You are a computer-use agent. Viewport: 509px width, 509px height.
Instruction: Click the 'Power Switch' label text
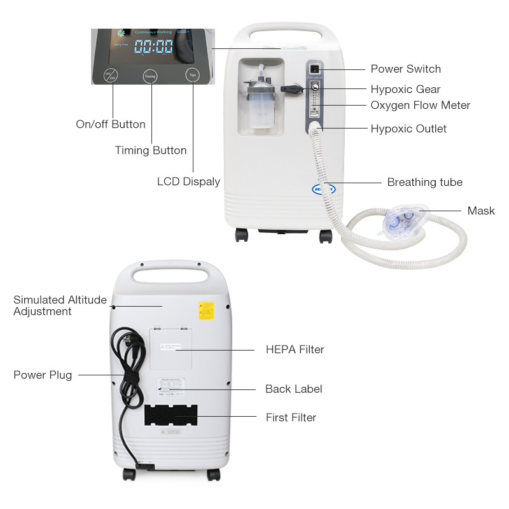point(405,69)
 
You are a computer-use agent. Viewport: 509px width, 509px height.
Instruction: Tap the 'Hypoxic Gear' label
point(405,89)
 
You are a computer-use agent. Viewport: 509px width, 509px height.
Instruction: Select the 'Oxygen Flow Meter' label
point(420,105)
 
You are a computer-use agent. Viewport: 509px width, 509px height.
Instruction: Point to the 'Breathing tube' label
point(424,182)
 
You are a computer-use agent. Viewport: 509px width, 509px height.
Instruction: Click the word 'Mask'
point(480,211)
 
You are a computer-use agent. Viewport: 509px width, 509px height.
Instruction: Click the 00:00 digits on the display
point(153,46)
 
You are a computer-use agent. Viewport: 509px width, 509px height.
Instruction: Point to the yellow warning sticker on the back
point(206,310)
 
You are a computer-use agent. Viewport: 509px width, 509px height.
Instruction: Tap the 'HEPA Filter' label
point(295,349)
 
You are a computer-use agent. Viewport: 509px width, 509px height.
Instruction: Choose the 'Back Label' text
point(293,389)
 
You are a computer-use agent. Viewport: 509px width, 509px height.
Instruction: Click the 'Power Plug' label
point(43,375)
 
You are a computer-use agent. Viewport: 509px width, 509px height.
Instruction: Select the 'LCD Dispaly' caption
point(188,181)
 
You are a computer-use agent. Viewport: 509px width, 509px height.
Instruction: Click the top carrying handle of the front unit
point(283,31)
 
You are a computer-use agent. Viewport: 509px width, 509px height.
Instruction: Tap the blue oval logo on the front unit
point(323,188)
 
